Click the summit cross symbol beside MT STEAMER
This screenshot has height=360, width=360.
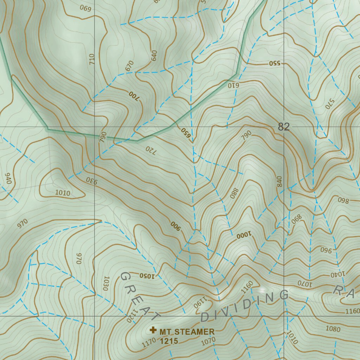click(x=153, y=330)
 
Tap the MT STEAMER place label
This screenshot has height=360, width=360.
click(x=187, y=332)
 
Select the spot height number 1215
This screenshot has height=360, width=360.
click(x=169, y=341)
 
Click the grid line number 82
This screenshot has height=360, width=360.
click(x=284, y=127)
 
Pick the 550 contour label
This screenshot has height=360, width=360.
click(x=275, y=63)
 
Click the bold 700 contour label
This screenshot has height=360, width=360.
click(x=134, y=95)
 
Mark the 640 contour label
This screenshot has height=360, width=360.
click(x=154, y=56)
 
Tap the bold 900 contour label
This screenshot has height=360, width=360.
click(x=175, y=226)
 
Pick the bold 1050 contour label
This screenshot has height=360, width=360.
click(x=147, y=275)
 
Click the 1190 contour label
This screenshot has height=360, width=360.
click(x=199, y=303)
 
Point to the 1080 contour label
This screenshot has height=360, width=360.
click(x=333, y=329)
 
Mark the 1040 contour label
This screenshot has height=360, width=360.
click(x=338, y=274)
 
